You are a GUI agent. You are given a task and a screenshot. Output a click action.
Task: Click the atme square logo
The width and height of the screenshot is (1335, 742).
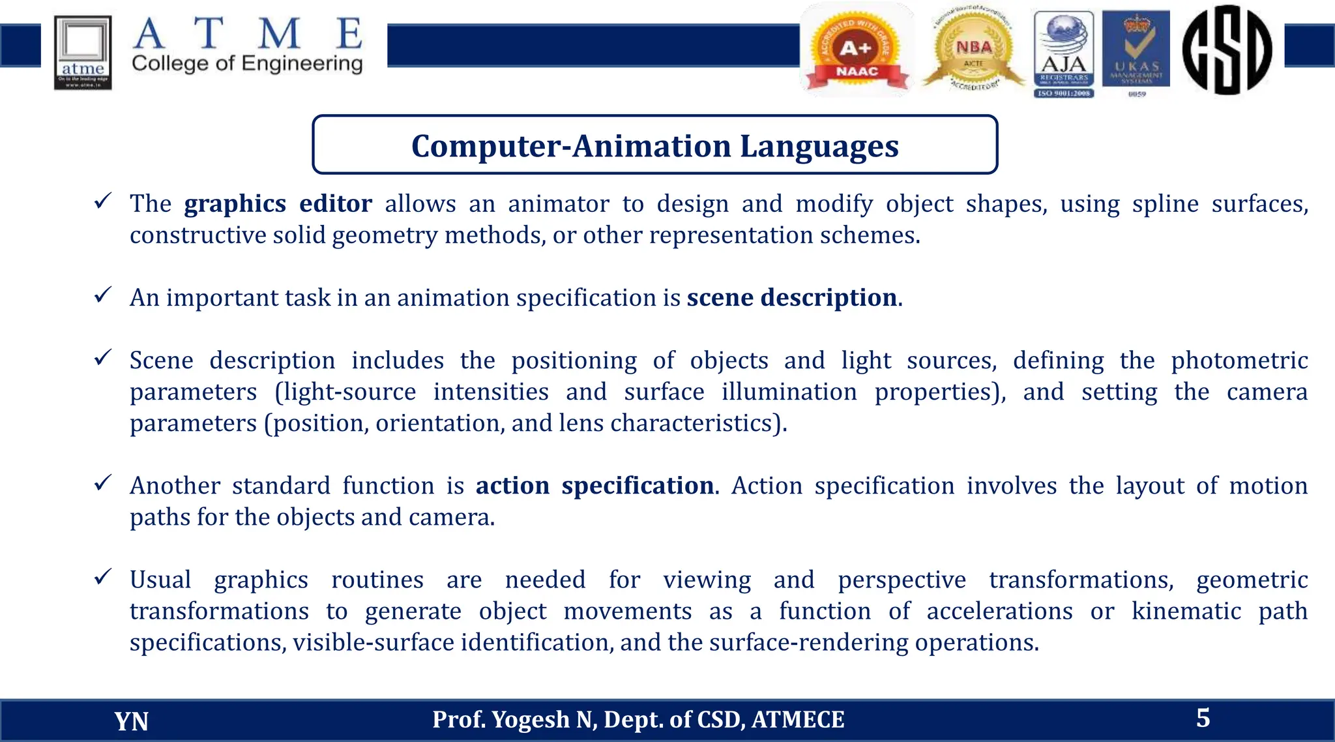click(x=83, y=52)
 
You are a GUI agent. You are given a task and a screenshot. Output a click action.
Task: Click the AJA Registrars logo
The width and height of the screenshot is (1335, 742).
click(x=1064, y=53)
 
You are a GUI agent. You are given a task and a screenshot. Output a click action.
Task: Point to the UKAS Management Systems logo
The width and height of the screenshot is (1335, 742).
click(x=1136, y=52)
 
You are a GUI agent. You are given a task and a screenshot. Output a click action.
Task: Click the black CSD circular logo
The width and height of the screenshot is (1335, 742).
click(x=1227, y=50)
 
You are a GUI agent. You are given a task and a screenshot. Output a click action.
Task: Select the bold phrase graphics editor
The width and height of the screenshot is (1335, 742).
click(x=278, y=204)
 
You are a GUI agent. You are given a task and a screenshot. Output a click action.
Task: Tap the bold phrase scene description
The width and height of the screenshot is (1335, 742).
click(x=791, y=298)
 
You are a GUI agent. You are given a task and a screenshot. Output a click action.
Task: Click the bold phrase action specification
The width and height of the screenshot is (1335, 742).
click(x=594, y=486)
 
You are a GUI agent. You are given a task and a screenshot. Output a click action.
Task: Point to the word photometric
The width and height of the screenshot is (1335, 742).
click(x=1239, y=361)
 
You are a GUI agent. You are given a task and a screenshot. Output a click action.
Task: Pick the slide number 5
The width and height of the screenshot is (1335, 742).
click(x=1203, y=718)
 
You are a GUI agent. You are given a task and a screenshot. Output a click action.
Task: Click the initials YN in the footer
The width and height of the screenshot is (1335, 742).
click(x=131, y=721)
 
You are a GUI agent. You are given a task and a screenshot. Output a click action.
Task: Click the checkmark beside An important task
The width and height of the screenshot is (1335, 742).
click(x=103, y=295)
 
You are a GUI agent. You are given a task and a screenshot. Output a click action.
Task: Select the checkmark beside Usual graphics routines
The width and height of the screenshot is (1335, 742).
click(x=103, y=577)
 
